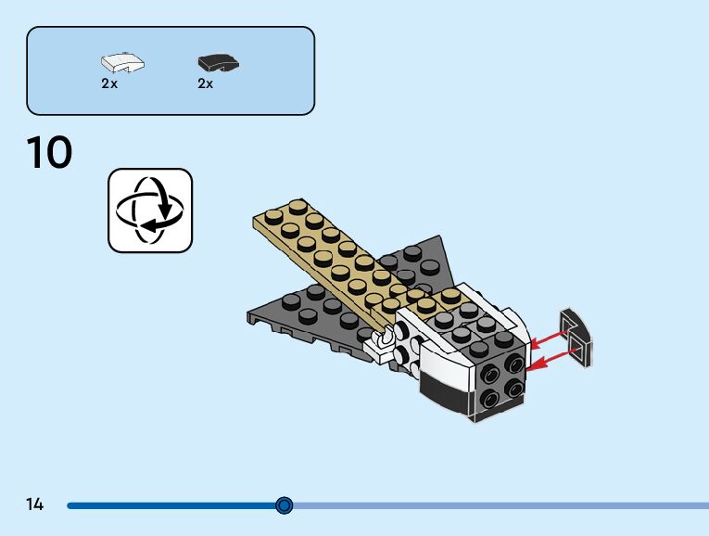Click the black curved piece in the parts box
pos(218,63)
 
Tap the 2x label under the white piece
pos(109,83)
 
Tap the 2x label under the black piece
pos(206,83)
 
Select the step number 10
pos(50,153)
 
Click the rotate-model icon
pos(150,211)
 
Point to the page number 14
pos(35,504)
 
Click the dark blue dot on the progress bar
pos(285,505)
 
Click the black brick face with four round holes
pos(498,383)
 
